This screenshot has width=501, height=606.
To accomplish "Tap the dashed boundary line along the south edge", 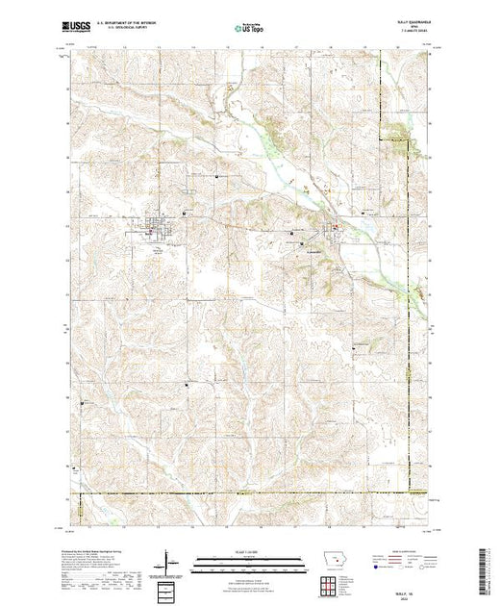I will pyautogui.click(x=240, y=495).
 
